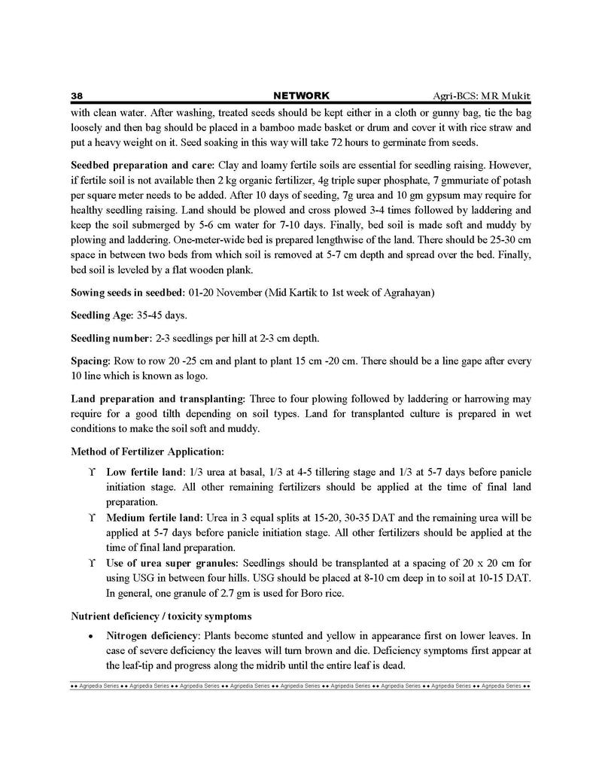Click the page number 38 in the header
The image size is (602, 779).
[x=76, y=96]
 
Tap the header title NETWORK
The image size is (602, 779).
[x=301, y=96]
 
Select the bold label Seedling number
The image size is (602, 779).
[x=111, y=338]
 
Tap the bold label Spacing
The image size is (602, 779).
[x=90, y=361]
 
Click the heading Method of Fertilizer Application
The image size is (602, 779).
[x=147, y=452]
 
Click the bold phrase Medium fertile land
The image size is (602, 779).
[x=154, y=518]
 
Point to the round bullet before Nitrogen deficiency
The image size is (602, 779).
[x=91, y=637]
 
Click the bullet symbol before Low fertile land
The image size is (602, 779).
[x=91, y=473]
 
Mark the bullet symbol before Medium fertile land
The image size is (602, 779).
[x=91, y=519]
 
